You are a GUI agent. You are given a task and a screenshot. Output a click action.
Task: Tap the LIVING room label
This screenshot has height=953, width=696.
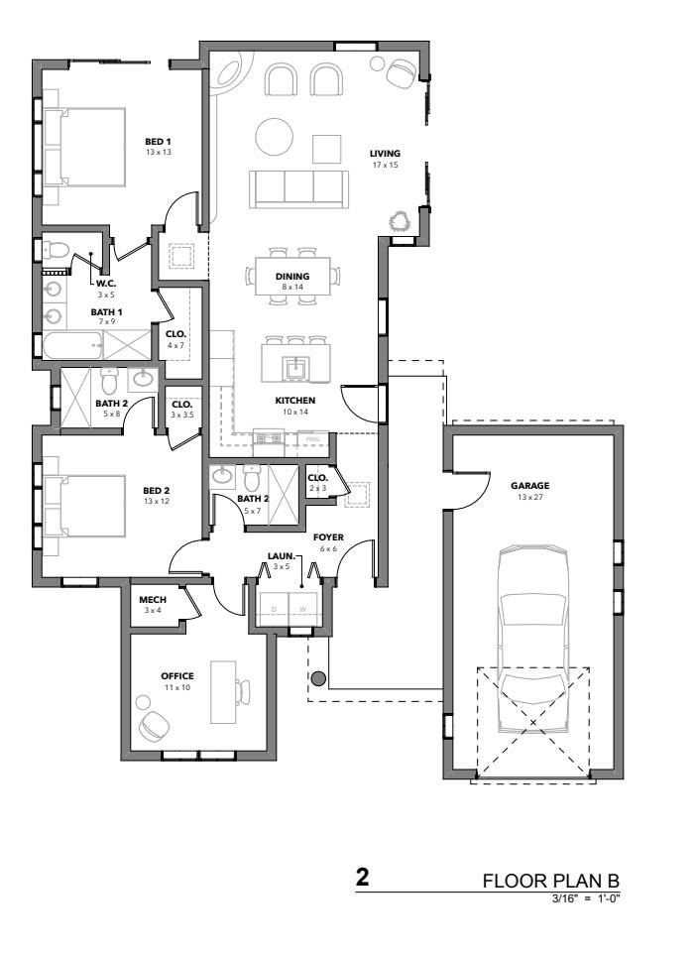point(385,154)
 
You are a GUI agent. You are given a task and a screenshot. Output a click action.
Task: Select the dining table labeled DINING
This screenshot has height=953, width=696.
point(292,277)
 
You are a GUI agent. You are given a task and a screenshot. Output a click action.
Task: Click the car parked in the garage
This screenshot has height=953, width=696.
point(532,639)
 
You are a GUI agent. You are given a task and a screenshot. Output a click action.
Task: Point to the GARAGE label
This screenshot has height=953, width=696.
point(529,486)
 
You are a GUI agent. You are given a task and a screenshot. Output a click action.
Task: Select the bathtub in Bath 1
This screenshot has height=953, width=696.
point(72,345)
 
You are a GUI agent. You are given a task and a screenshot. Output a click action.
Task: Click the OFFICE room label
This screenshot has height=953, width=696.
point(176,676)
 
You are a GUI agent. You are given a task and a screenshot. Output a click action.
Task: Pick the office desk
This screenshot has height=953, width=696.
point(223,692)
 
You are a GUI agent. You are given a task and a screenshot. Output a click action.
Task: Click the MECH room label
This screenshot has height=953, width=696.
point(153,600)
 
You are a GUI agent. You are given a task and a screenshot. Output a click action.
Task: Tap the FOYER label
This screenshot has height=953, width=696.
point(328,537)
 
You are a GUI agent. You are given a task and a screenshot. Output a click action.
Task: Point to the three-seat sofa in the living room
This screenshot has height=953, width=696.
point(298,189)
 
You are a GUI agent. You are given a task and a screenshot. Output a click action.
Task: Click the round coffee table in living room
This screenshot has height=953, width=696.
point(275,136)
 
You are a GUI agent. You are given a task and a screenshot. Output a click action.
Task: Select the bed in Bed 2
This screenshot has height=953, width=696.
point(84,507)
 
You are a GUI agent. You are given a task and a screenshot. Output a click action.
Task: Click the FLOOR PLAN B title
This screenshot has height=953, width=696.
point(550,881)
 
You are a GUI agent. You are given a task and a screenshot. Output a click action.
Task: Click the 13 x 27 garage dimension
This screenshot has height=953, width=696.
point(529,497)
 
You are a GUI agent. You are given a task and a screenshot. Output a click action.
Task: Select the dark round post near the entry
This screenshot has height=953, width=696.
point(318,679)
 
